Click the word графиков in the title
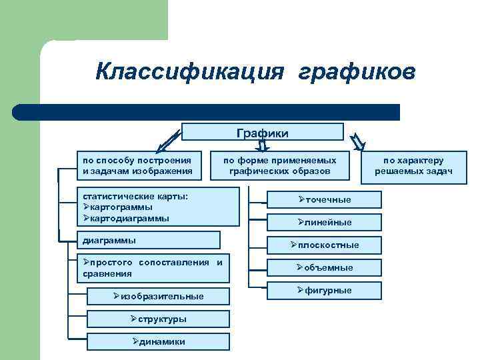coord(357,71)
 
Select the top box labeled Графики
coord(263,133)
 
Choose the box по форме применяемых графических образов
coord(279,165)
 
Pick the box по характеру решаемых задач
coord(413,165)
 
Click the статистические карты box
coord(159,206)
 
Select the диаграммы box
coord(149,239)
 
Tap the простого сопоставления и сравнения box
coord(149,268)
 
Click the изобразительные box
coord(159,296)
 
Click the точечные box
coord(324,199)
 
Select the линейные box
coord(324,222)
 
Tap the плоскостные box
coord(324,245)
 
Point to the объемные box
coord(324,267)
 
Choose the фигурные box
coord(324,290)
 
